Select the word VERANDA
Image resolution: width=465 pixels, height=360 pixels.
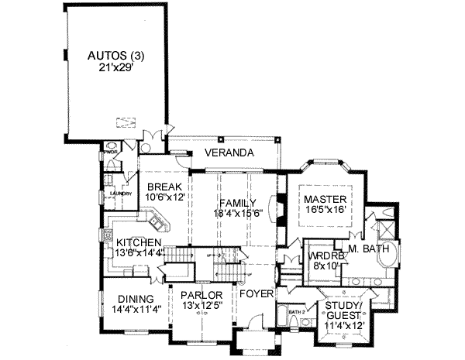(x=229, y=153)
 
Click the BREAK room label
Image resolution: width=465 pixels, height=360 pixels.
(x=164, y=187)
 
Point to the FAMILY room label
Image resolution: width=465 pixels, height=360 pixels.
(x=237, y=203)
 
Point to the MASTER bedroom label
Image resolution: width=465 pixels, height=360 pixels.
(x=324, y=198)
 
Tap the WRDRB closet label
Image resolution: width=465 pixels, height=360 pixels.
(x=322, y=255)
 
